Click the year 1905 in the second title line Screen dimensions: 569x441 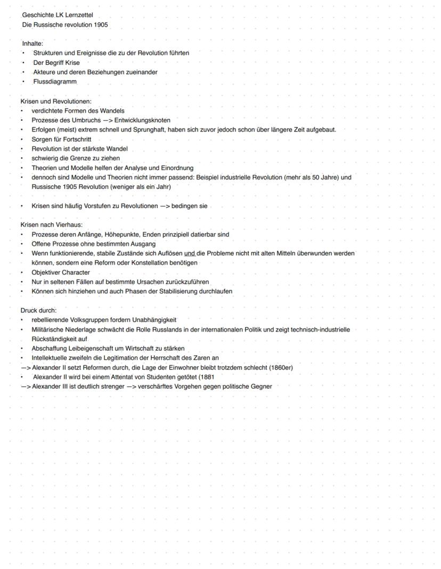tap(100, 24)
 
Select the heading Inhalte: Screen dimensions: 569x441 tap(32, 43)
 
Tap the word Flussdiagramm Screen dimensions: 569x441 tap(55, 82)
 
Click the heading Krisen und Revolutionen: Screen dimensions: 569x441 tap(56, 101)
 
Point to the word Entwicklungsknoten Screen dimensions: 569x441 tap(142, 120)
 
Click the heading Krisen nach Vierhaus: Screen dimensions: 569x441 tap(52, 225)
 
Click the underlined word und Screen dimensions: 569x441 tap(189, 253)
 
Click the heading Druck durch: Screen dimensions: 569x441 tap(38, 310)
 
